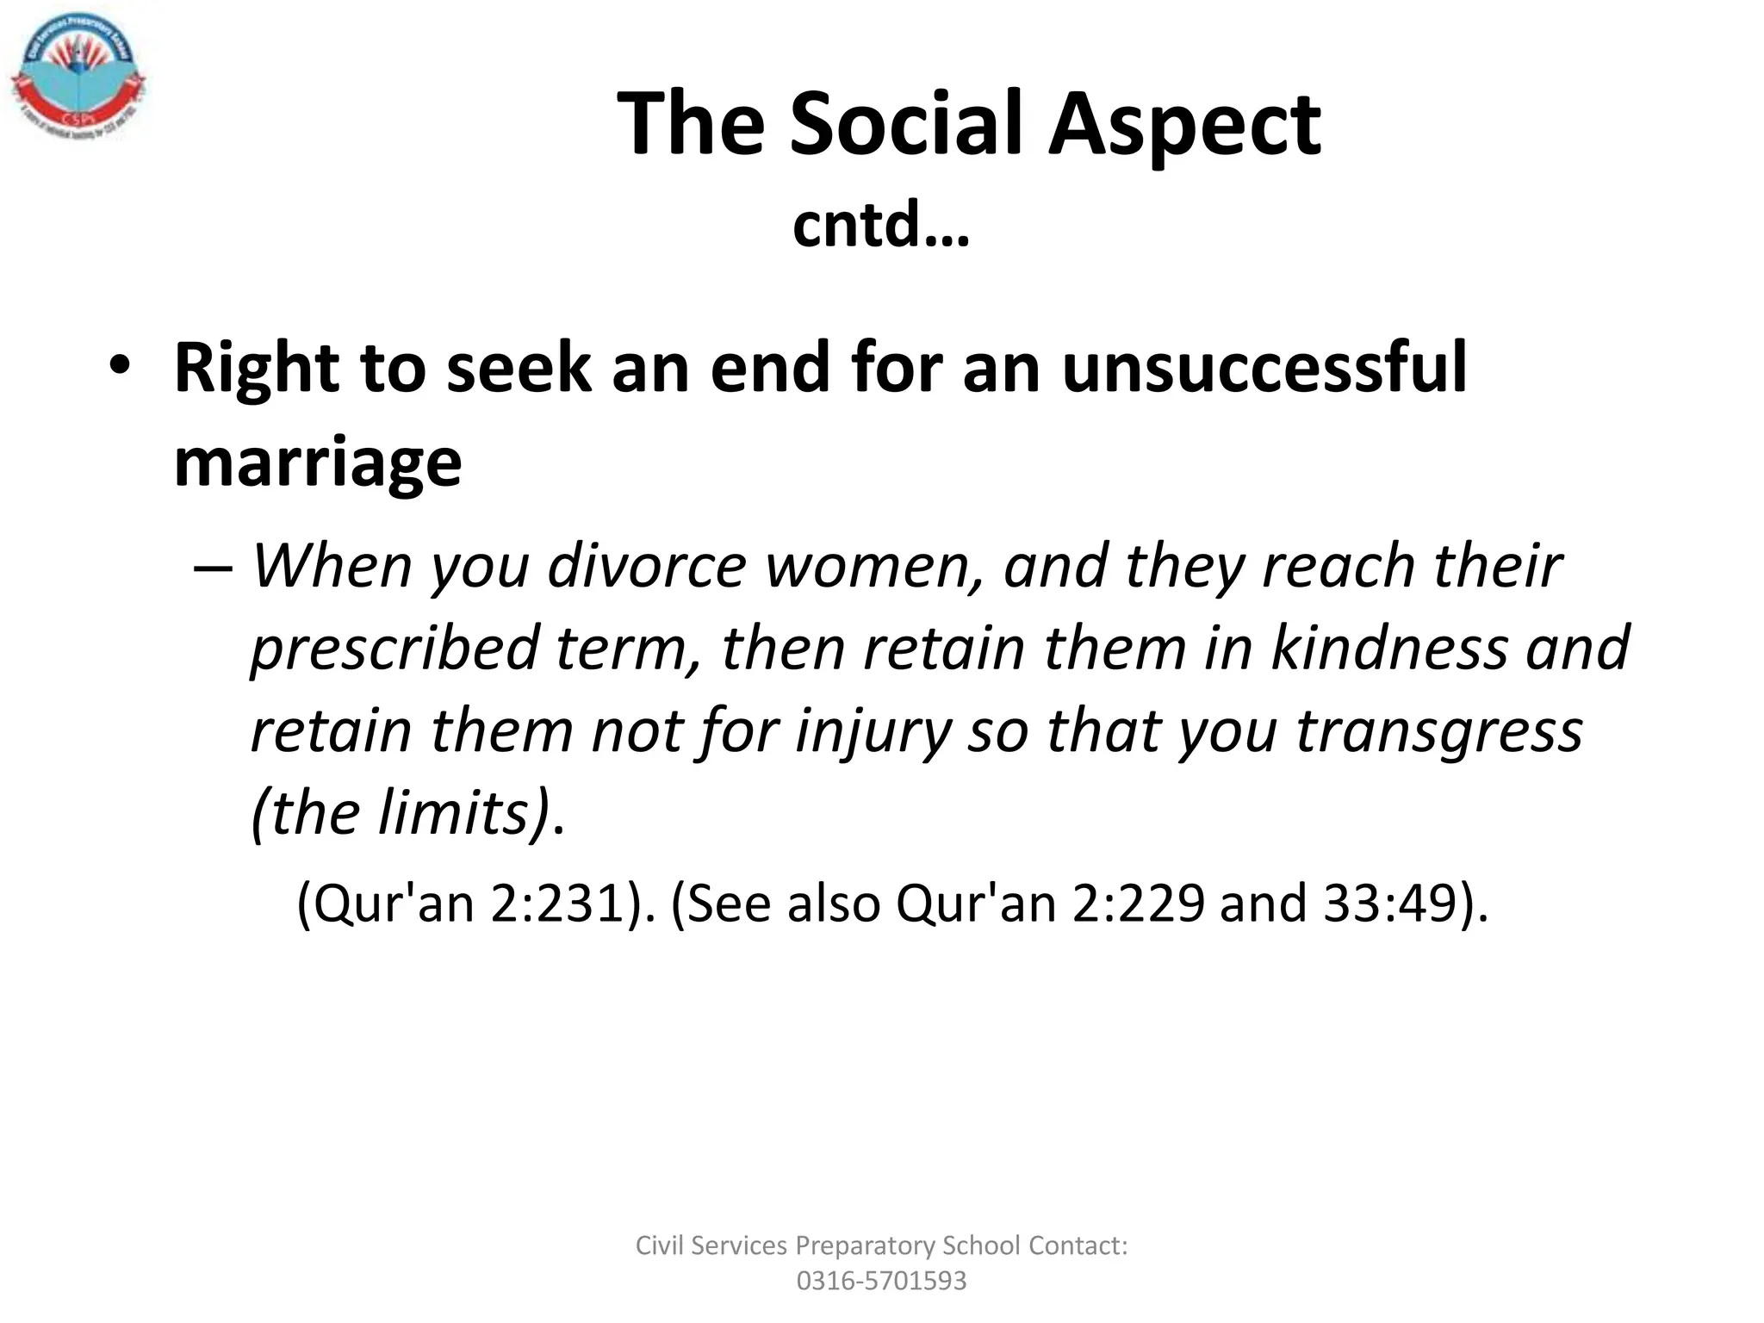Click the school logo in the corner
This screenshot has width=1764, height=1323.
pos(78,82)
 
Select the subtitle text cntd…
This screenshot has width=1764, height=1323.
pos(880,225)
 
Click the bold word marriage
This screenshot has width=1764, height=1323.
pos(318,463)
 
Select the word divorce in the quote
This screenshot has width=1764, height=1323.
pos(647,566)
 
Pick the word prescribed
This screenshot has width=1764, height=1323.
pos(395,649)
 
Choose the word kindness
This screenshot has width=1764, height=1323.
pos(1389,649)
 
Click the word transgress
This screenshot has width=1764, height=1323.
pos(1439,731)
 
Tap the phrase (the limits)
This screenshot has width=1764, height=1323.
pos(401,812)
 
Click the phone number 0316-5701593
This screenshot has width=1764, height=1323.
pos(881,1281)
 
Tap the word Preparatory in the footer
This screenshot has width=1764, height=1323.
pos(865,1245)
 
